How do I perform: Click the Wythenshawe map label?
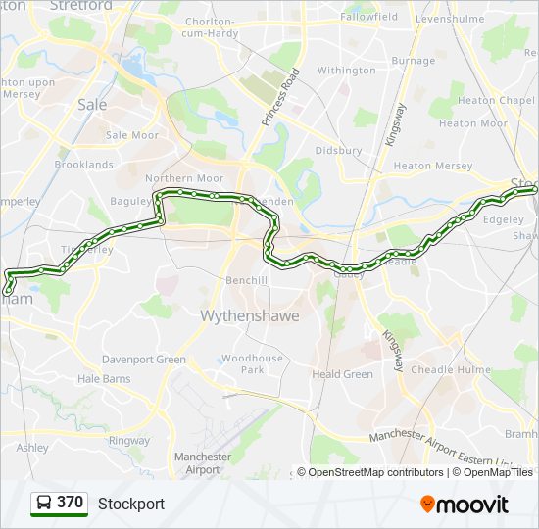[250, 316]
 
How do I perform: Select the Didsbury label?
[338, 151]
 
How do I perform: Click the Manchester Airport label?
[203, 463]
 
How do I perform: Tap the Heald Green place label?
[342, 374]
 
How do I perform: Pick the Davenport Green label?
[144, 360]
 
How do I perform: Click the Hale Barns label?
[104, 378]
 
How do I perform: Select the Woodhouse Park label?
[253, 364]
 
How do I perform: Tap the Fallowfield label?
[369, 18]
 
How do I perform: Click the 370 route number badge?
[70, 503]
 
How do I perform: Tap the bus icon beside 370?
[44, 504]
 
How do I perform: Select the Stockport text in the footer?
[131, 504]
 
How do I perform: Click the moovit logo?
[465, 504]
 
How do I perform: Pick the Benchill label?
[247, 280]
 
